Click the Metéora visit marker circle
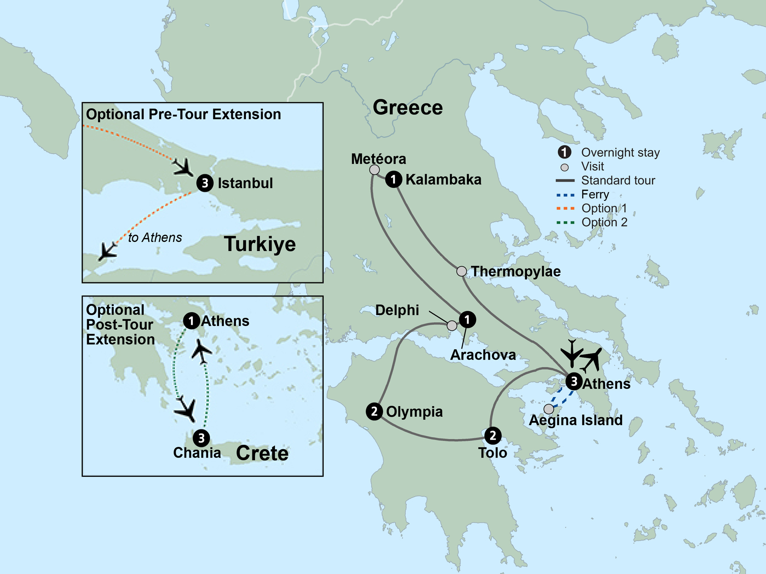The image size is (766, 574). point(375,170)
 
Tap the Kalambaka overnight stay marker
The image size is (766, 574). point(393,179)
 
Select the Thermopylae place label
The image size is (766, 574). point(516,271)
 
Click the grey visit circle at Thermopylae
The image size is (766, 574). point(462,271)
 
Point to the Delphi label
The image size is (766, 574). point(397,310)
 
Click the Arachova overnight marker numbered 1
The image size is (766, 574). point(467,319)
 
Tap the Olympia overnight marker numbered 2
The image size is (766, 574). point(374,412)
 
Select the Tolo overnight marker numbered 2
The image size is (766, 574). point(493,435)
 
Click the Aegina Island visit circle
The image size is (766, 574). point(549,409)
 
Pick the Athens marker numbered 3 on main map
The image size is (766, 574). point(574,381)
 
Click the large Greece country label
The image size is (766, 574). point(408,108)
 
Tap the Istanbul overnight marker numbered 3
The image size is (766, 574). point(205,183)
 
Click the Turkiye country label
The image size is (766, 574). point(260,244)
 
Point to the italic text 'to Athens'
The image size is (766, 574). point(155,238)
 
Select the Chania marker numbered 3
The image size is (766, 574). point(201,438)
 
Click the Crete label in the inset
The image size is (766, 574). point(262,453)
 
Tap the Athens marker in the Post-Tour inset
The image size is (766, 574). point(191,321)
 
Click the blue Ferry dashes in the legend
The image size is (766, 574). point(565,195)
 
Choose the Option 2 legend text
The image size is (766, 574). point(604,222)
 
